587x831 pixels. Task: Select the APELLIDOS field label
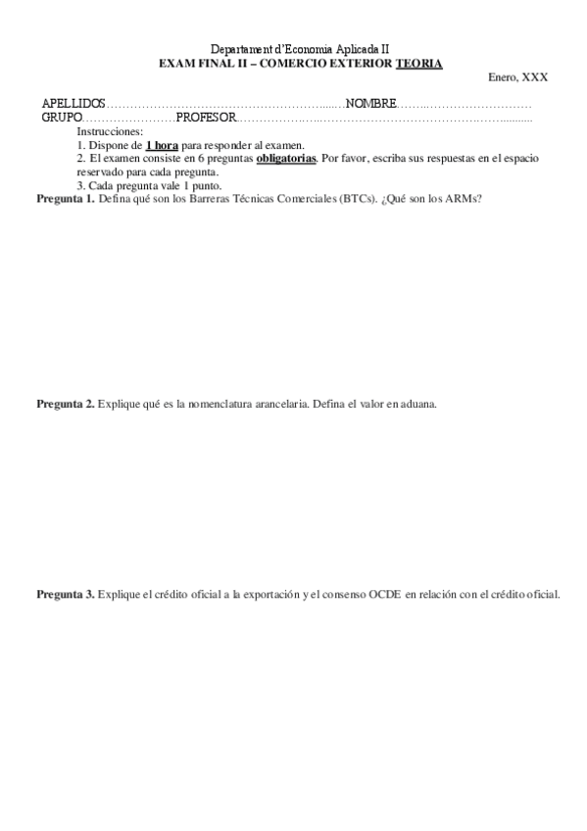[x=73, y=103]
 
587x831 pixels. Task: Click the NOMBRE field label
[x=370, y=103]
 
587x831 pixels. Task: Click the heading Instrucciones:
[x=110, y=130]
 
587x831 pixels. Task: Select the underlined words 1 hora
[x=162, y=144]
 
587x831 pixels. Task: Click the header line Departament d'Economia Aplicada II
[x=300, y=49]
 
